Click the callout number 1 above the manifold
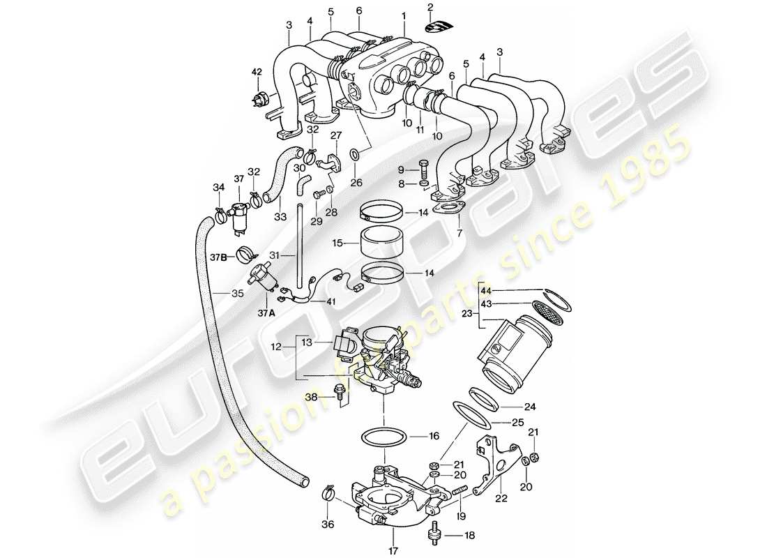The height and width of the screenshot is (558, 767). (403, 15)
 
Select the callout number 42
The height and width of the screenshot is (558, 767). (256, 72)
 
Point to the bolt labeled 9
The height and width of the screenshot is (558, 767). (424, 169)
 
